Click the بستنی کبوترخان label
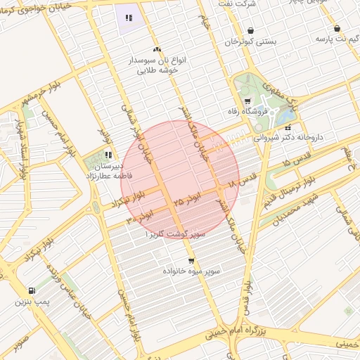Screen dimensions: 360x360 251,42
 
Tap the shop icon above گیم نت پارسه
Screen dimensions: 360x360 337,29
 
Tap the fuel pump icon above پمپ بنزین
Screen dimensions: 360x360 32,291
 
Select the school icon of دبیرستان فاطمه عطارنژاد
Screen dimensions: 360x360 108,155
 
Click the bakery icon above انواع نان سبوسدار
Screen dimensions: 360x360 157,50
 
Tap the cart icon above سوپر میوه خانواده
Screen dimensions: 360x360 191,261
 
